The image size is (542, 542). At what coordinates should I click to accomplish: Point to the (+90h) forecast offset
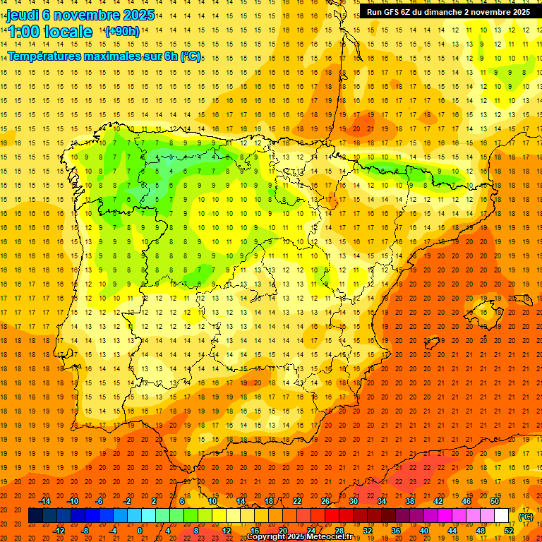pos(122,32)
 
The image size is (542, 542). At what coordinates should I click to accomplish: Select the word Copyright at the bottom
pos(267,537)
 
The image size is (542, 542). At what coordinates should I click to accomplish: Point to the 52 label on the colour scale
pos(509,530)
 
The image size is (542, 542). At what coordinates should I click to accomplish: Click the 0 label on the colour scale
pos(139,530)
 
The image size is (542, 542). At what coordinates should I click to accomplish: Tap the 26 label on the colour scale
pos(325,501)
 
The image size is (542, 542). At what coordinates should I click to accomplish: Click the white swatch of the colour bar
pos(502,516)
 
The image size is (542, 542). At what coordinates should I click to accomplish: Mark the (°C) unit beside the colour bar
pos(526,517)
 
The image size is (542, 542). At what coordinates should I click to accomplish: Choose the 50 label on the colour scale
pos(495,501)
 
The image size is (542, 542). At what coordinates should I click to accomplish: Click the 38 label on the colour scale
pos(410,501)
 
